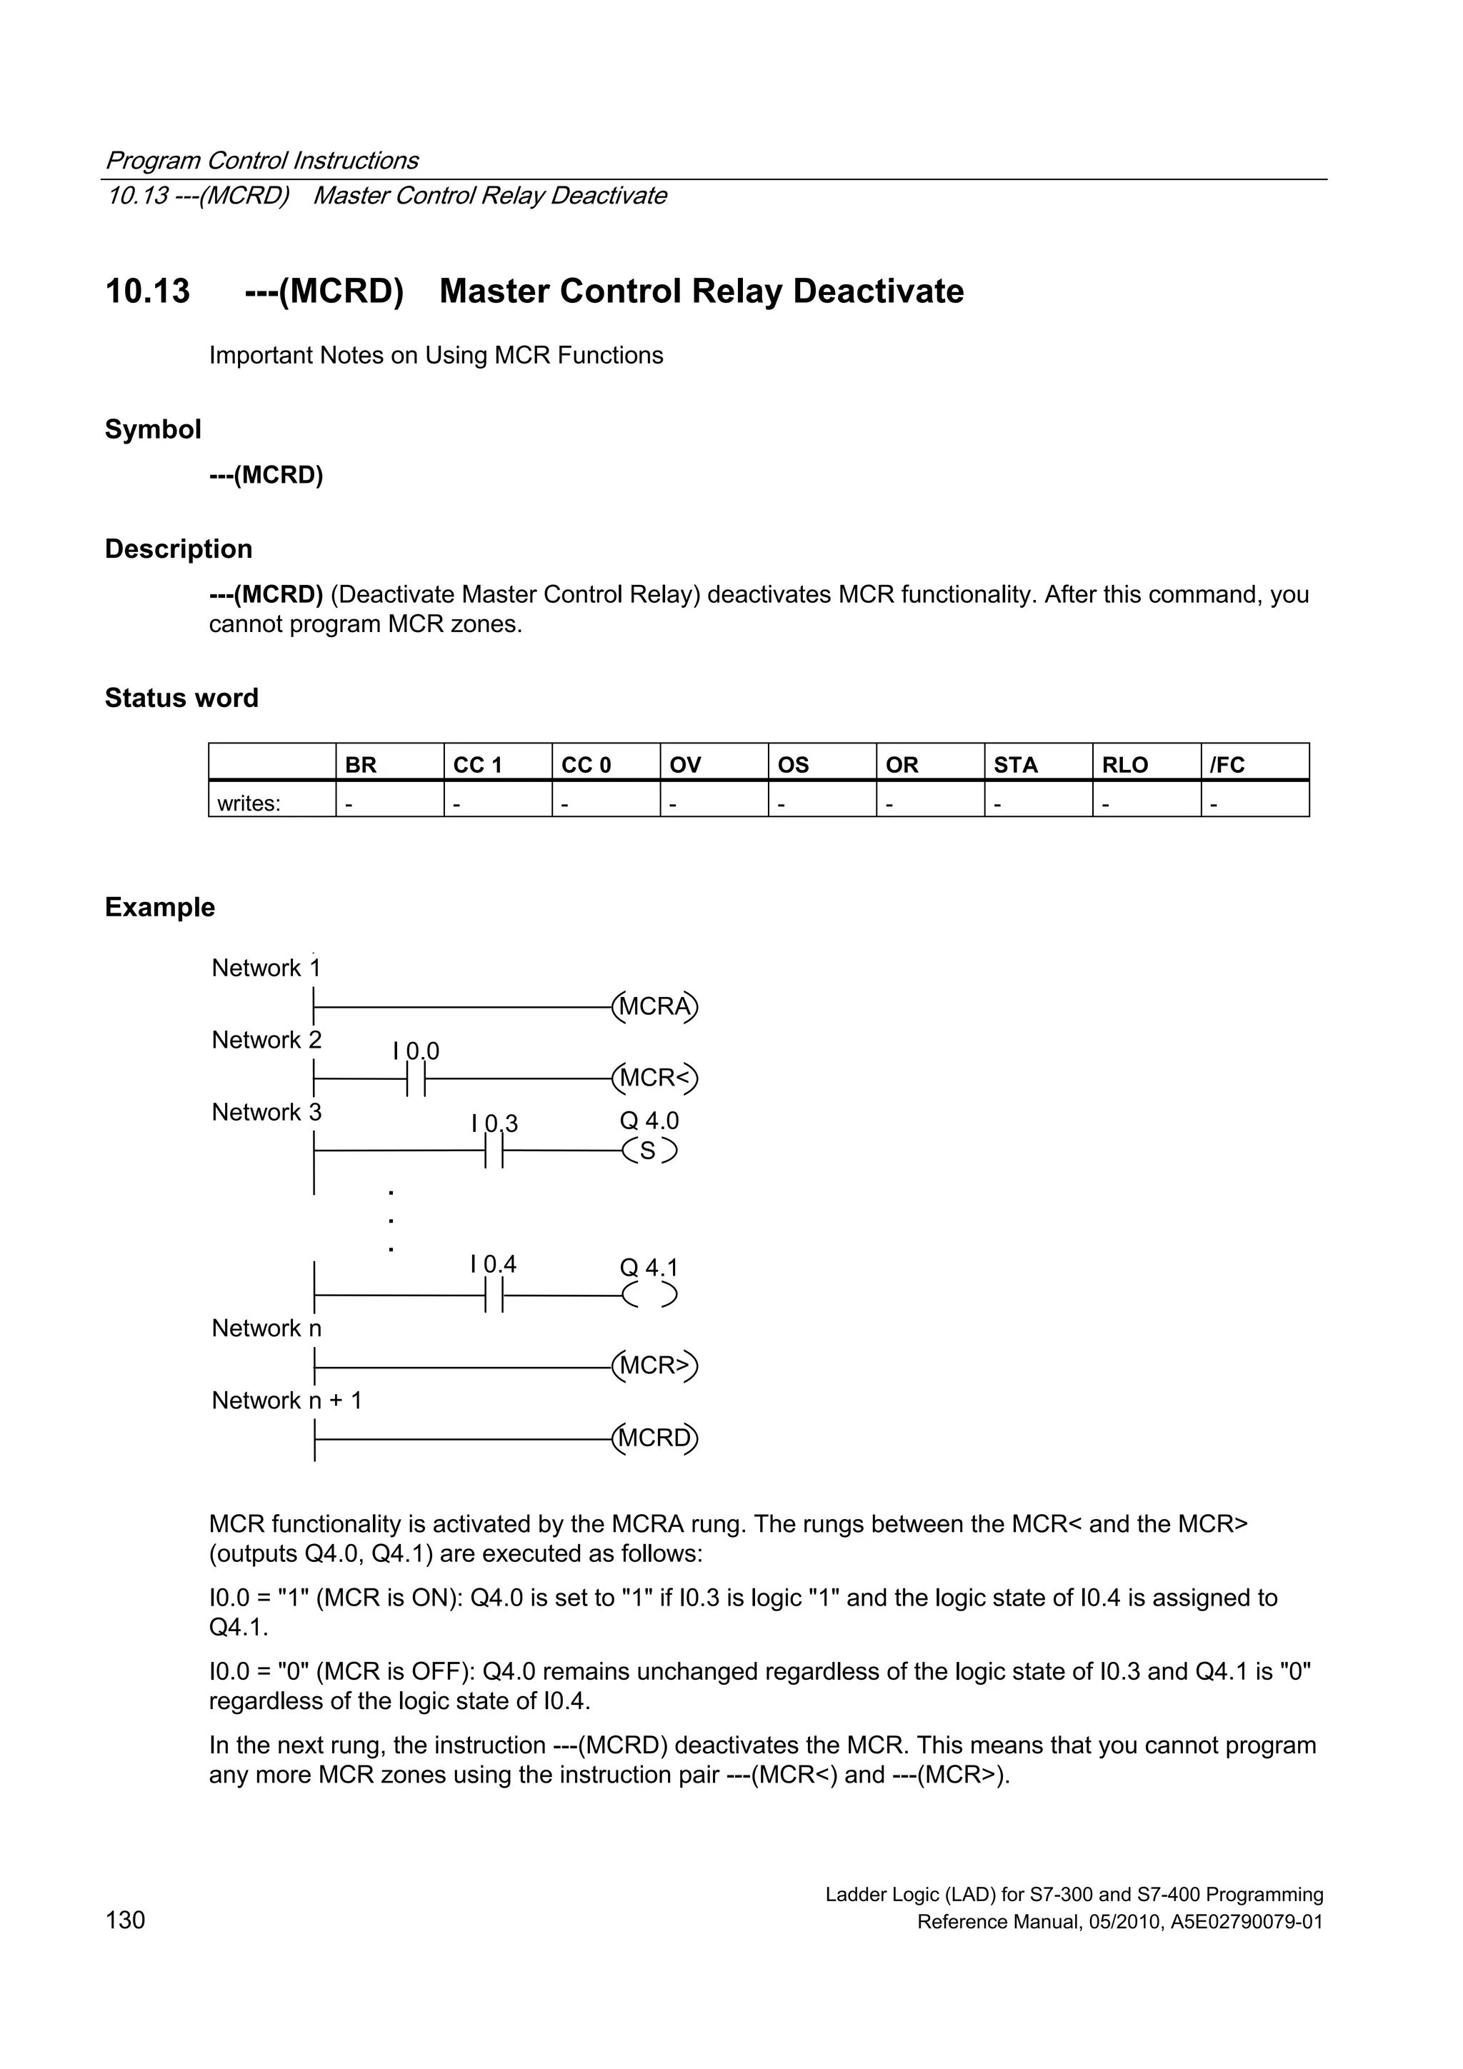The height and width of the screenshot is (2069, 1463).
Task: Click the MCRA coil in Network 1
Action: tap(655, 1006)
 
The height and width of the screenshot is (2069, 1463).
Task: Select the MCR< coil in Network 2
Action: tap(655, 1078)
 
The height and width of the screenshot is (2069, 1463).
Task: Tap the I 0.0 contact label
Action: tap(416, 1051)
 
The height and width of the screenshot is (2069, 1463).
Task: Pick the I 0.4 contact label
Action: tap(493, 1264)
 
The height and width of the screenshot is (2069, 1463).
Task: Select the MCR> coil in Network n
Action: tap(655, 1366)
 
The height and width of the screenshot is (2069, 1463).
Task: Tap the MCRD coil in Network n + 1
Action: tap(655, 1438)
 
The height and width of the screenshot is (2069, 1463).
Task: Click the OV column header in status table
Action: tap(685, 765)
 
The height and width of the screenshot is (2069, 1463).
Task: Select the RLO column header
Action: tap(1125, 765)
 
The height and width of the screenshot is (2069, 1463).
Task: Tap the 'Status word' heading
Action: tap(181, 698)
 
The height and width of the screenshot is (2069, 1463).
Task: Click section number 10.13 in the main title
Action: tap(148, 291)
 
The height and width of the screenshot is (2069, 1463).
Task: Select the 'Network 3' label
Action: tap(266, 1112)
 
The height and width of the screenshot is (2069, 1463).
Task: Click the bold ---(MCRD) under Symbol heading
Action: tap(266, 475)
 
